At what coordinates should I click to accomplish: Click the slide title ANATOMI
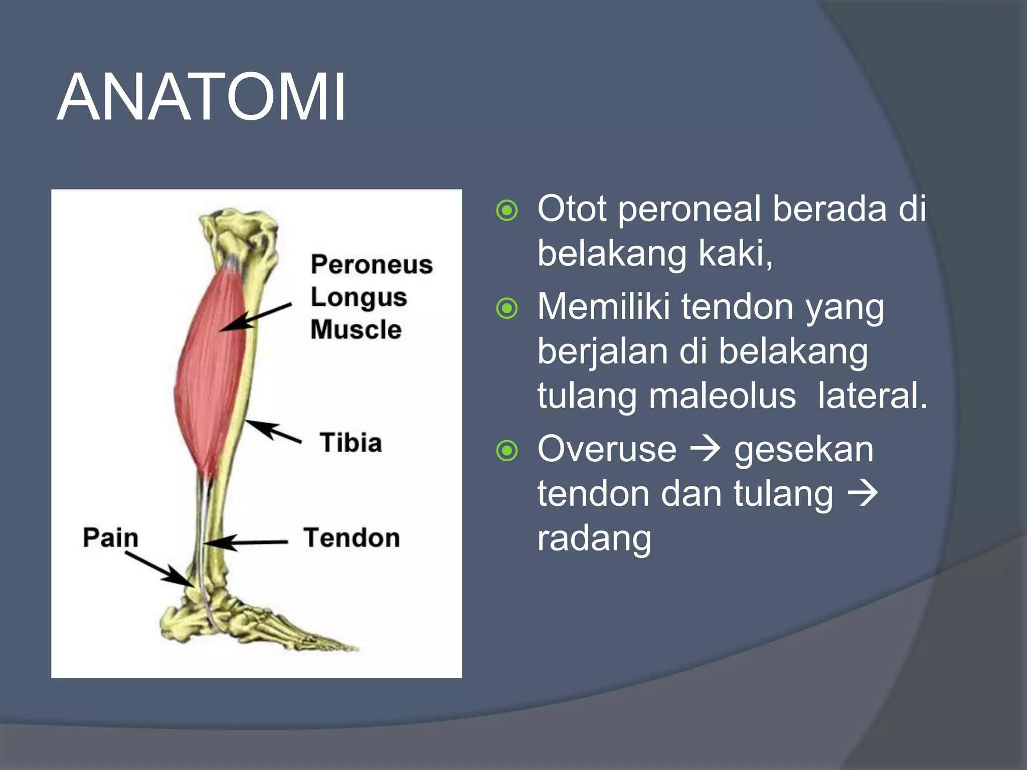201,97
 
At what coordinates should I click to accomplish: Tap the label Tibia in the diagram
351,443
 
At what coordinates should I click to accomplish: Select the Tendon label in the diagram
351,538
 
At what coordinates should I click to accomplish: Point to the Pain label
110,538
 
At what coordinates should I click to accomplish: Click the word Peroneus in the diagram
371,264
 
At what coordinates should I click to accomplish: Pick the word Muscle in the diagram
356,330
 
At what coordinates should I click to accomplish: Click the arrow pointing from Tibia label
273,432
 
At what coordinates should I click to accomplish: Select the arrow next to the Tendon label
246,542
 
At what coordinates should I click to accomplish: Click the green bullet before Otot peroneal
506,211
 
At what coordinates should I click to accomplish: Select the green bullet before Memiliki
506,308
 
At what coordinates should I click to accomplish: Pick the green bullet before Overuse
506,451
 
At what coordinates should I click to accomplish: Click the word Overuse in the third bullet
607,449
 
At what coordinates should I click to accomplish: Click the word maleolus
722,396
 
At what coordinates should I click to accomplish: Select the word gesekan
804,449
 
